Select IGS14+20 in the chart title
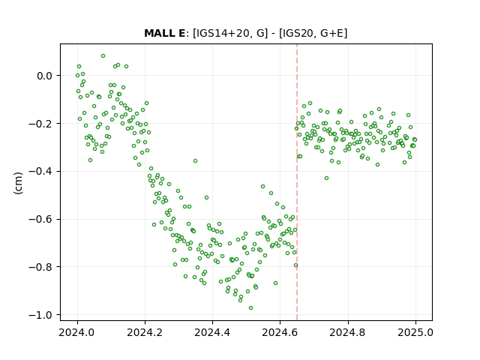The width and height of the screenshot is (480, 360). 221,33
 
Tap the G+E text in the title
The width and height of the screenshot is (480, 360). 331,33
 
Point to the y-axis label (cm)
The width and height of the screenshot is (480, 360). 18,183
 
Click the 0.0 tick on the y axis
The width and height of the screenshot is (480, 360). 45,76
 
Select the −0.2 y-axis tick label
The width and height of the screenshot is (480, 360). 40,123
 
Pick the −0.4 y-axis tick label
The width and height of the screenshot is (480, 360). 40,172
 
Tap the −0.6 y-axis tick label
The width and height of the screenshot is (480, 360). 40,219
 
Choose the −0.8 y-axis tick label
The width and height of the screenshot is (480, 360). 40,267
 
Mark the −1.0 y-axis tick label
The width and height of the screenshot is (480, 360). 40,315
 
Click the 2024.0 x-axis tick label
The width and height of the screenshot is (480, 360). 77,332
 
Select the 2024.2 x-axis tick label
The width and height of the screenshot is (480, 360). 145,332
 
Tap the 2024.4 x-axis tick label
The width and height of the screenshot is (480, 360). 212,332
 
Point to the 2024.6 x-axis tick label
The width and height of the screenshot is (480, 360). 280,332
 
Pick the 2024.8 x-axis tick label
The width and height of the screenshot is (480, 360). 348,332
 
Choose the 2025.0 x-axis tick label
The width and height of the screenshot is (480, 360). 415,332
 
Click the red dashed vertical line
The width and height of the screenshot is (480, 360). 297,182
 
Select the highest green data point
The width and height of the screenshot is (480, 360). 103,56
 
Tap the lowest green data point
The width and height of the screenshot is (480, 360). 250,308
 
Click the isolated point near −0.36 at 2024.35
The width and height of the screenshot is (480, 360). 195,161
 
